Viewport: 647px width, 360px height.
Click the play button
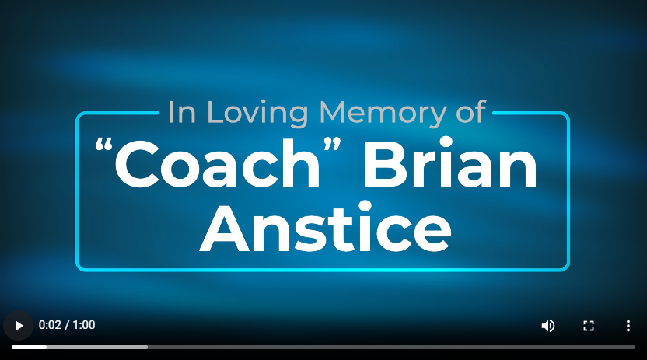[18, 326]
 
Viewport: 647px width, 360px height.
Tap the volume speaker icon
[548, 326]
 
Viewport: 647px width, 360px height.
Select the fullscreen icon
[589, 326]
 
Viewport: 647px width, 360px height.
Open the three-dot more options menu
[628, 326]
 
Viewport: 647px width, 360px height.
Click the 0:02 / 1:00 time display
[67, 325]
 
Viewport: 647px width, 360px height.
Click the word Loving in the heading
[257, 113]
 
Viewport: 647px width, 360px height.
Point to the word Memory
[383, 113]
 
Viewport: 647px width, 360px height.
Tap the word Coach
[218, 164]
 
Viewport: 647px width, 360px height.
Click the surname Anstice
[326, 226]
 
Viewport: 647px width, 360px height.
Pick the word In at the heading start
[182, 112]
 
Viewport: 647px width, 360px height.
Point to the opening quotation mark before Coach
[103, 146]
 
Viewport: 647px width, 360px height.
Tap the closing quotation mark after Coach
[332, 145]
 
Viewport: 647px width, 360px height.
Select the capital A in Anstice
[225, 228]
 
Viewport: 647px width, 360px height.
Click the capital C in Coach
[137, 164]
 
